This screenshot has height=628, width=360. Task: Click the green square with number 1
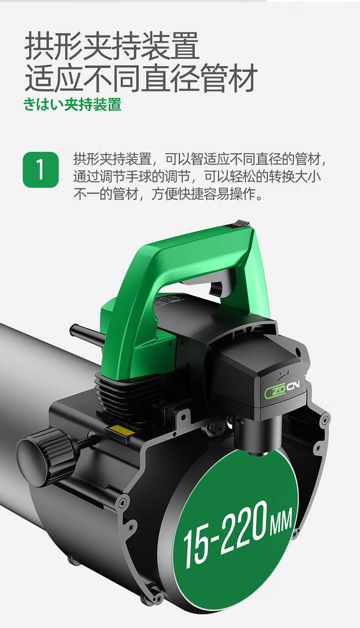41,170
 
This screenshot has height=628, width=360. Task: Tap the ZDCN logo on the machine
282,389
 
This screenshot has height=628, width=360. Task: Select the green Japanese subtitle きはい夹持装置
72,104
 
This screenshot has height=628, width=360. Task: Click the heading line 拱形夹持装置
112,46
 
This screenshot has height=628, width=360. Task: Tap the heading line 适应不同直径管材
141,77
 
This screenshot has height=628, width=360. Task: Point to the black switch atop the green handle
238,225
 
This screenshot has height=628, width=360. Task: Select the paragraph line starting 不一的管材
168,194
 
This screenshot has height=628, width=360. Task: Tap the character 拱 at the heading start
39,46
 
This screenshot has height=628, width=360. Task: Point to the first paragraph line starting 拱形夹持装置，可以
200,159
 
